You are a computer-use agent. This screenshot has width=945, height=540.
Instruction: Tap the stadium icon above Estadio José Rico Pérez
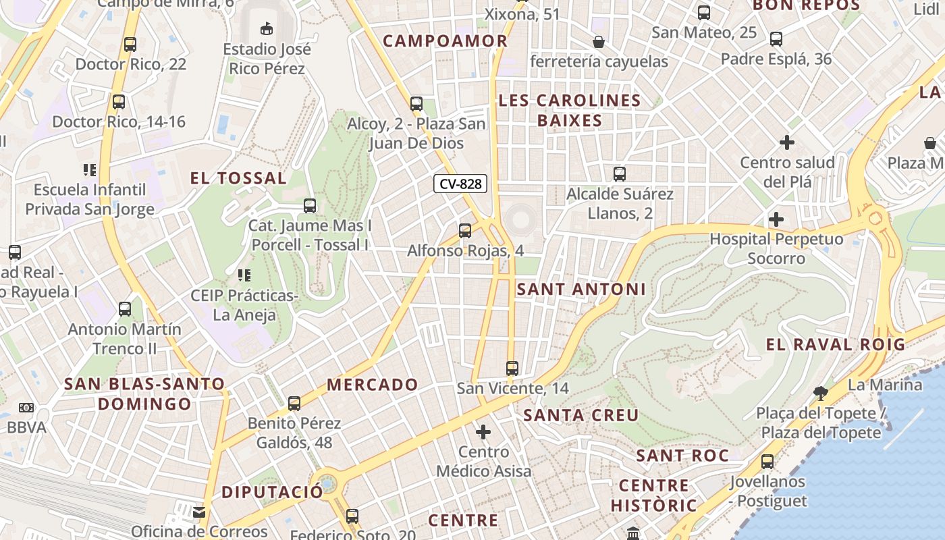click(267, 28)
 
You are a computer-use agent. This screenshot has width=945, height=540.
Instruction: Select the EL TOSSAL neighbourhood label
click(238, 178)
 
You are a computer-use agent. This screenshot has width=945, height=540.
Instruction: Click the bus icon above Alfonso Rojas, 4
click(465, 231)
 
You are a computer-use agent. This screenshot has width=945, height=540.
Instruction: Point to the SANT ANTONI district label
click(581, 290)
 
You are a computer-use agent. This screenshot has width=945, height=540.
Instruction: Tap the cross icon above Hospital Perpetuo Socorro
click(776, 219)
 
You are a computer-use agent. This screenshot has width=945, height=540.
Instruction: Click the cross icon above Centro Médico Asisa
click(483, 432)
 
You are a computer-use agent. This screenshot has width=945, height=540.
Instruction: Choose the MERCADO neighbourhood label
click(373, 385)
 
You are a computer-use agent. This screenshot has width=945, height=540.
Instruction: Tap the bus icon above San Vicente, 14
click(512, 369)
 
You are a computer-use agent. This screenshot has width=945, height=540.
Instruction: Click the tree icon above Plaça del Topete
click(821, 393)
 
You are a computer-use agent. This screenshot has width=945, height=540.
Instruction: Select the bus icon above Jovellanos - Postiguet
click(767, 462)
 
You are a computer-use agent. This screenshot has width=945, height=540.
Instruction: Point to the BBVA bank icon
click(26, 408)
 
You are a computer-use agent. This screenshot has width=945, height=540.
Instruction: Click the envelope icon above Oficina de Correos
click(199, 512)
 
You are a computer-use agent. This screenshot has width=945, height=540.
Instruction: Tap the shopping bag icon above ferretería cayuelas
click(598, 42)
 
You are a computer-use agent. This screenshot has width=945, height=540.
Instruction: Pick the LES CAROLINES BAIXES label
click(570, 111)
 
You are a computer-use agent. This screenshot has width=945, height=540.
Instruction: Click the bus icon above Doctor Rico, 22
click(130, 45)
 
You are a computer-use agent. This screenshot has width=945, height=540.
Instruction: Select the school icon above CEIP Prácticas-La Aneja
click(244, 275)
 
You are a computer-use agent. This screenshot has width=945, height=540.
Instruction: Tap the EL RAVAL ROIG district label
click(835, 344)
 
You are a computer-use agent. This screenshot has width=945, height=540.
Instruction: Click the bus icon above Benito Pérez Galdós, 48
click(294, 404)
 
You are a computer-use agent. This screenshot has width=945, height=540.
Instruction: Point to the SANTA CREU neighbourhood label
click(581, 415)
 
